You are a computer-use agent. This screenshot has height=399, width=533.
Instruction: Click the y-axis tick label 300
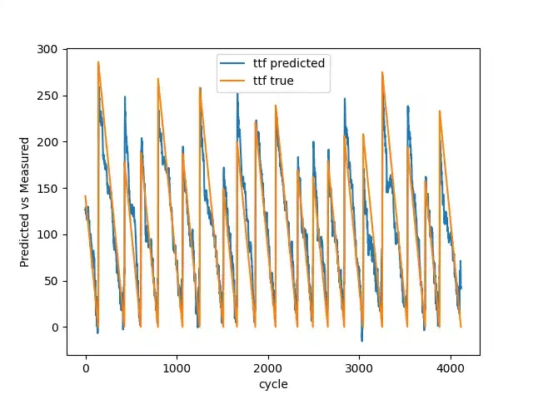click(47, 50)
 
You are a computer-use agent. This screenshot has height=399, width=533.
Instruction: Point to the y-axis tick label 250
click(47, 96)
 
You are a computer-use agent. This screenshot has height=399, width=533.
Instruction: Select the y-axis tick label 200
click(47, 142)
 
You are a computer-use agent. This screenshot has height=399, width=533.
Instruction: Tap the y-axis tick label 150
click(47, 189)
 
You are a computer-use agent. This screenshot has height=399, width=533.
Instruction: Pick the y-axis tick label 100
click(47, 234)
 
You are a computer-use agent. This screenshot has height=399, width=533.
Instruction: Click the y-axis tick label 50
click(51, 281)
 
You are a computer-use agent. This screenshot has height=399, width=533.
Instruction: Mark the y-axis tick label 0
click(54, 328)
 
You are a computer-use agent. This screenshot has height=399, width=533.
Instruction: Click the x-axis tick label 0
click(86, 368)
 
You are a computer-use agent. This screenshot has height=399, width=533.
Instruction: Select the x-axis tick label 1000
click(177, 368)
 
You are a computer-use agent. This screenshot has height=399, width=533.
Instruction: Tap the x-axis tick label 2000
click(268, 368)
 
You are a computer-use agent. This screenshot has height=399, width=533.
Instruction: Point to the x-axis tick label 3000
click(359, 368)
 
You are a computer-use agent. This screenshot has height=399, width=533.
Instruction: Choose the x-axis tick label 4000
click(451, 368)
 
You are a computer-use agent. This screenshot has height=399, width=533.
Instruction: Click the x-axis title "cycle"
click(273, 385)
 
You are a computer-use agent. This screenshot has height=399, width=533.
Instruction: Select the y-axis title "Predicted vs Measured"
click(24, 202)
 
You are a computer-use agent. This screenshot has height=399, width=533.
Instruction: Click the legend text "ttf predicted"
click(289, 63)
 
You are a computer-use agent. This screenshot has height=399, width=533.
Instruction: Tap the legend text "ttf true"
click(273, 81)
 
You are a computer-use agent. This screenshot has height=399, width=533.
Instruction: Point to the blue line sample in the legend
click(232, 63)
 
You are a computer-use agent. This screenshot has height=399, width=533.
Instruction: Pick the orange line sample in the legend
click(232, 81)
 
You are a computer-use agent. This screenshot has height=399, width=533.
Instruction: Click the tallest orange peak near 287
click(98, 62)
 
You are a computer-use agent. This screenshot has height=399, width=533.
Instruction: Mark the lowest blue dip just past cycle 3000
click(361, 340)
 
